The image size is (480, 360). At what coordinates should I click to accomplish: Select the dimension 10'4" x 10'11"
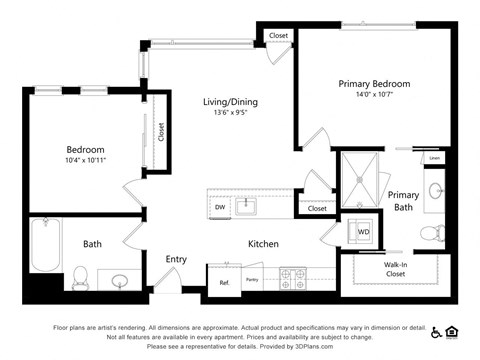tap(85, 160)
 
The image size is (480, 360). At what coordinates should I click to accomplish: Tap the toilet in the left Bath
tap(82, 274)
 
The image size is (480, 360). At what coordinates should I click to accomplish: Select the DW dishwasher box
tap(220, 207)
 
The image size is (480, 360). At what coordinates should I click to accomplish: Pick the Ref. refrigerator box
tap(224, 282)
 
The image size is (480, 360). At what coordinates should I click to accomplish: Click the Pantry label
tap(252, 280)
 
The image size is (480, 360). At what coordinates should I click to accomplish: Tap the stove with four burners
tap(292, 277)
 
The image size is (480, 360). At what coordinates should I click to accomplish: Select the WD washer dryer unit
tap(361, 233)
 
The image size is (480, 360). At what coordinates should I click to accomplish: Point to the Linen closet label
tap(434, 158)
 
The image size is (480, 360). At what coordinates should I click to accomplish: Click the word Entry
tap(176, 259)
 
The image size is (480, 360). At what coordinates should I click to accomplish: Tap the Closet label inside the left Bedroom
tap(160, 133)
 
